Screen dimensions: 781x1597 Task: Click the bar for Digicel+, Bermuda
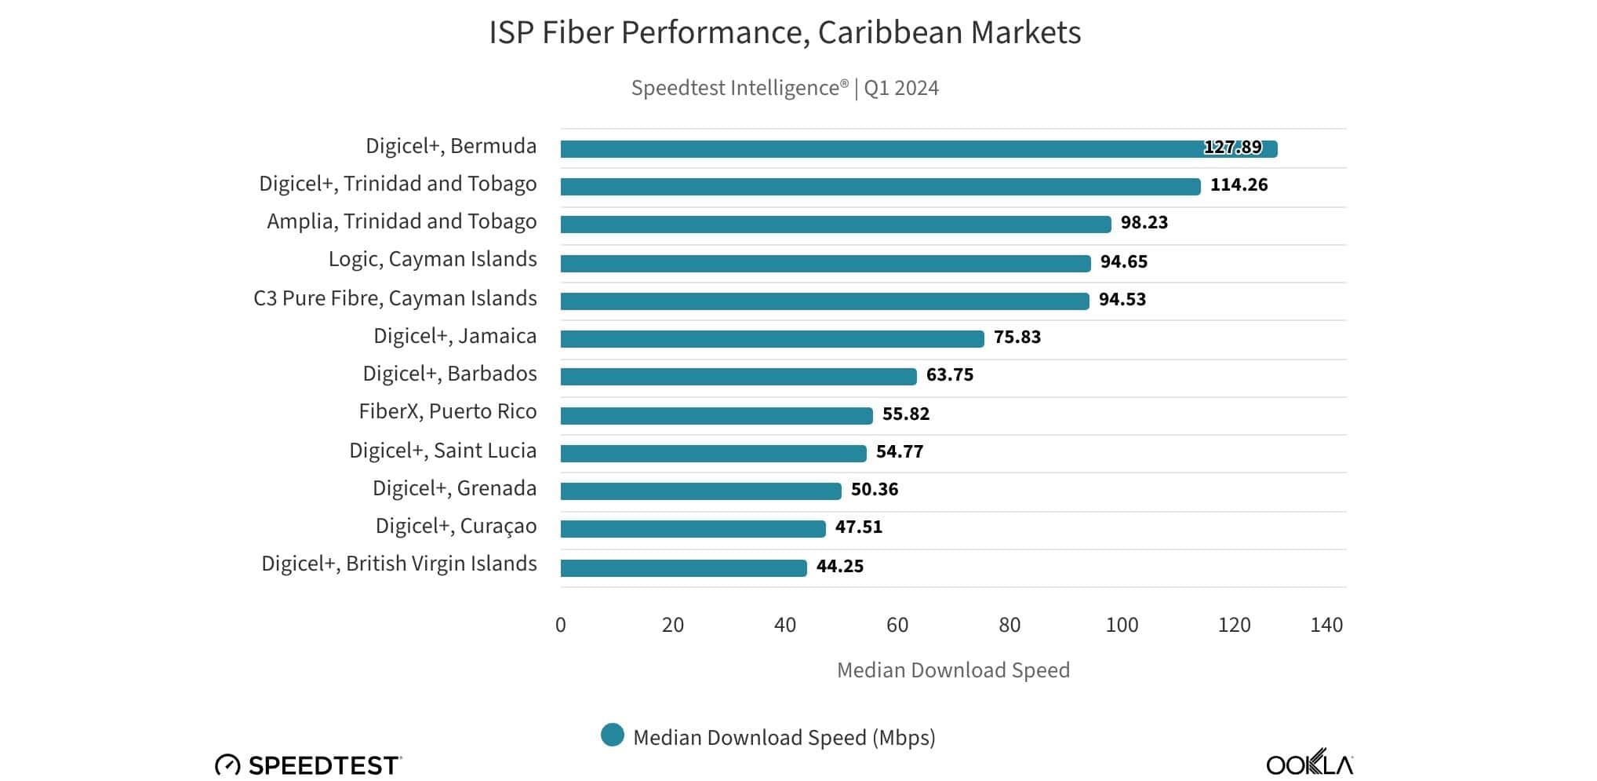[918, 149]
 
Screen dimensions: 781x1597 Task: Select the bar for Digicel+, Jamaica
[772, 339]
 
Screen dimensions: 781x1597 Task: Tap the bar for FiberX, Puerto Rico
[716, 415]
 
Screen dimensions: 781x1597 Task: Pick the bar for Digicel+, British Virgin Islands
[683, 568]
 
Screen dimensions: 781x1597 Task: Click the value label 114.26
[1239, 185]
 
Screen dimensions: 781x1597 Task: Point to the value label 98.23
[1144, 223]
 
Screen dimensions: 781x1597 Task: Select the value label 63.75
[949, 375]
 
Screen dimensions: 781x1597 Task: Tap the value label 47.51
[858, 527]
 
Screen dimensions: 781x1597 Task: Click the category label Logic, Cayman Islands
[432, 260]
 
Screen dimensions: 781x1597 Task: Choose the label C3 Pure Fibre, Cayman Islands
[395, 299]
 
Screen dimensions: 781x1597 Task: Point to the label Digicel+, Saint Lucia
[442, 451]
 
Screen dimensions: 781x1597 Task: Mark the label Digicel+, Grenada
[454, 489]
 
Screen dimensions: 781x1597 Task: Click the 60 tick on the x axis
[897, 626]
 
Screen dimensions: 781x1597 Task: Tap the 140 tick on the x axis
[1326, 626]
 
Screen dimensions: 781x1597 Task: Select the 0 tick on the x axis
[560, 626]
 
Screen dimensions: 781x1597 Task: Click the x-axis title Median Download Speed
[953, 670]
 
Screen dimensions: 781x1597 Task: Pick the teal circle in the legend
[612, 735]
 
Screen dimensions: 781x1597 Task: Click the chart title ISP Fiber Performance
[784, 33]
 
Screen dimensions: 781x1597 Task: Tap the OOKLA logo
[1309, 764]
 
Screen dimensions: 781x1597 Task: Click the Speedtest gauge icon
[227, 765]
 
